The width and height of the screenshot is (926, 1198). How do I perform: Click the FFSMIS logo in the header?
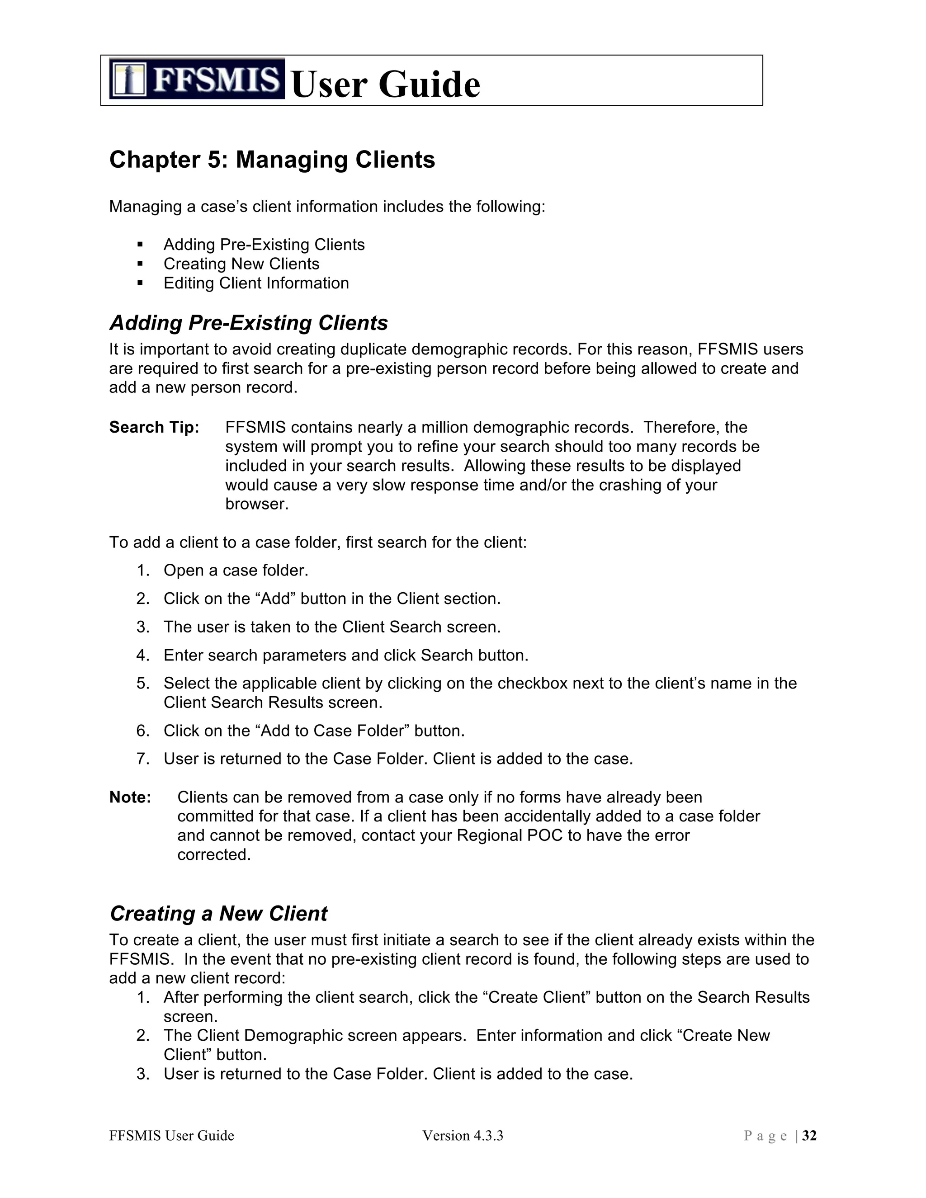196,79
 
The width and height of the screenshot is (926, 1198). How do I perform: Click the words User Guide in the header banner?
386,85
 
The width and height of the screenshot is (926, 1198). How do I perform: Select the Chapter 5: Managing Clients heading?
272,160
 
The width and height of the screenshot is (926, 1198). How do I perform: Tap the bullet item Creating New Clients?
241,264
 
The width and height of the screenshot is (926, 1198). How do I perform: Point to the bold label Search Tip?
154,427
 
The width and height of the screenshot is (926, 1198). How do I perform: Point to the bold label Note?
130,797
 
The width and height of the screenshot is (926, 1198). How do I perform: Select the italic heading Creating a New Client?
218,913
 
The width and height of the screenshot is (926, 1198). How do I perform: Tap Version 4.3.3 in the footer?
463,1136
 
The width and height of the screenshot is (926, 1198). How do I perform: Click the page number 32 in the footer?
809,1136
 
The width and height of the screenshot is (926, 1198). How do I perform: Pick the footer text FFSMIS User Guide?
171,1136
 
